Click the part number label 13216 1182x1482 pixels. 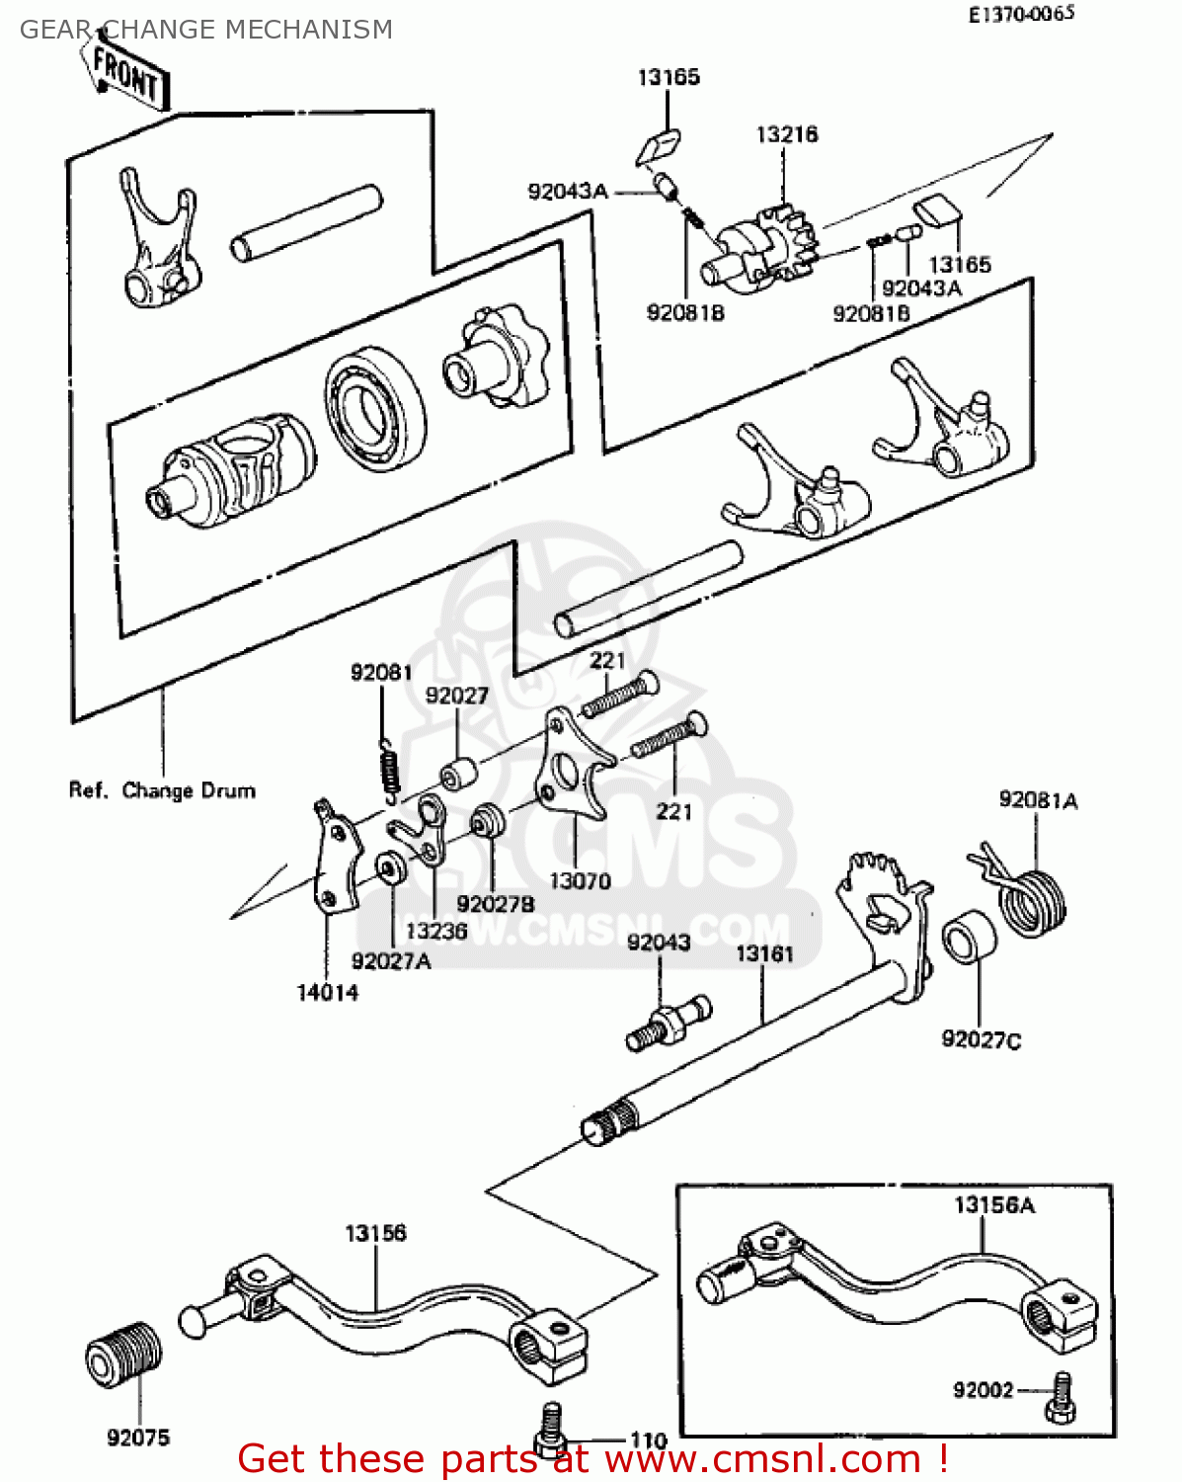(x=786, y=134)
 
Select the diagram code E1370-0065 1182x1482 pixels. (x=1021, y=14)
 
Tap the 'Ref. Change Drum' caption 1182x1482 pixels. (x=162, y=790)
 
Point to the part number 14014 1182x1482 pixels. (x=328, y=992)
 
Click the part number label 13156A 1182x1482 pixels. (x=994, y=1204)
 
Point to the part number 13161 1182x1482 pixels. (x=764, y=953)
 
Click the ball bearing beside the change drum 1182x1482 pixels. (x=376, y=408)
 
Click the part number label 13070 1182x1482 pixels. (x=580, y=880)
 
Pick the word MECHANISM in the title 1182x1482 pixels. (x=311, y=30)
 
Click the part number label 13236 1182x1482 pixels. (x=435, y=931)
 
